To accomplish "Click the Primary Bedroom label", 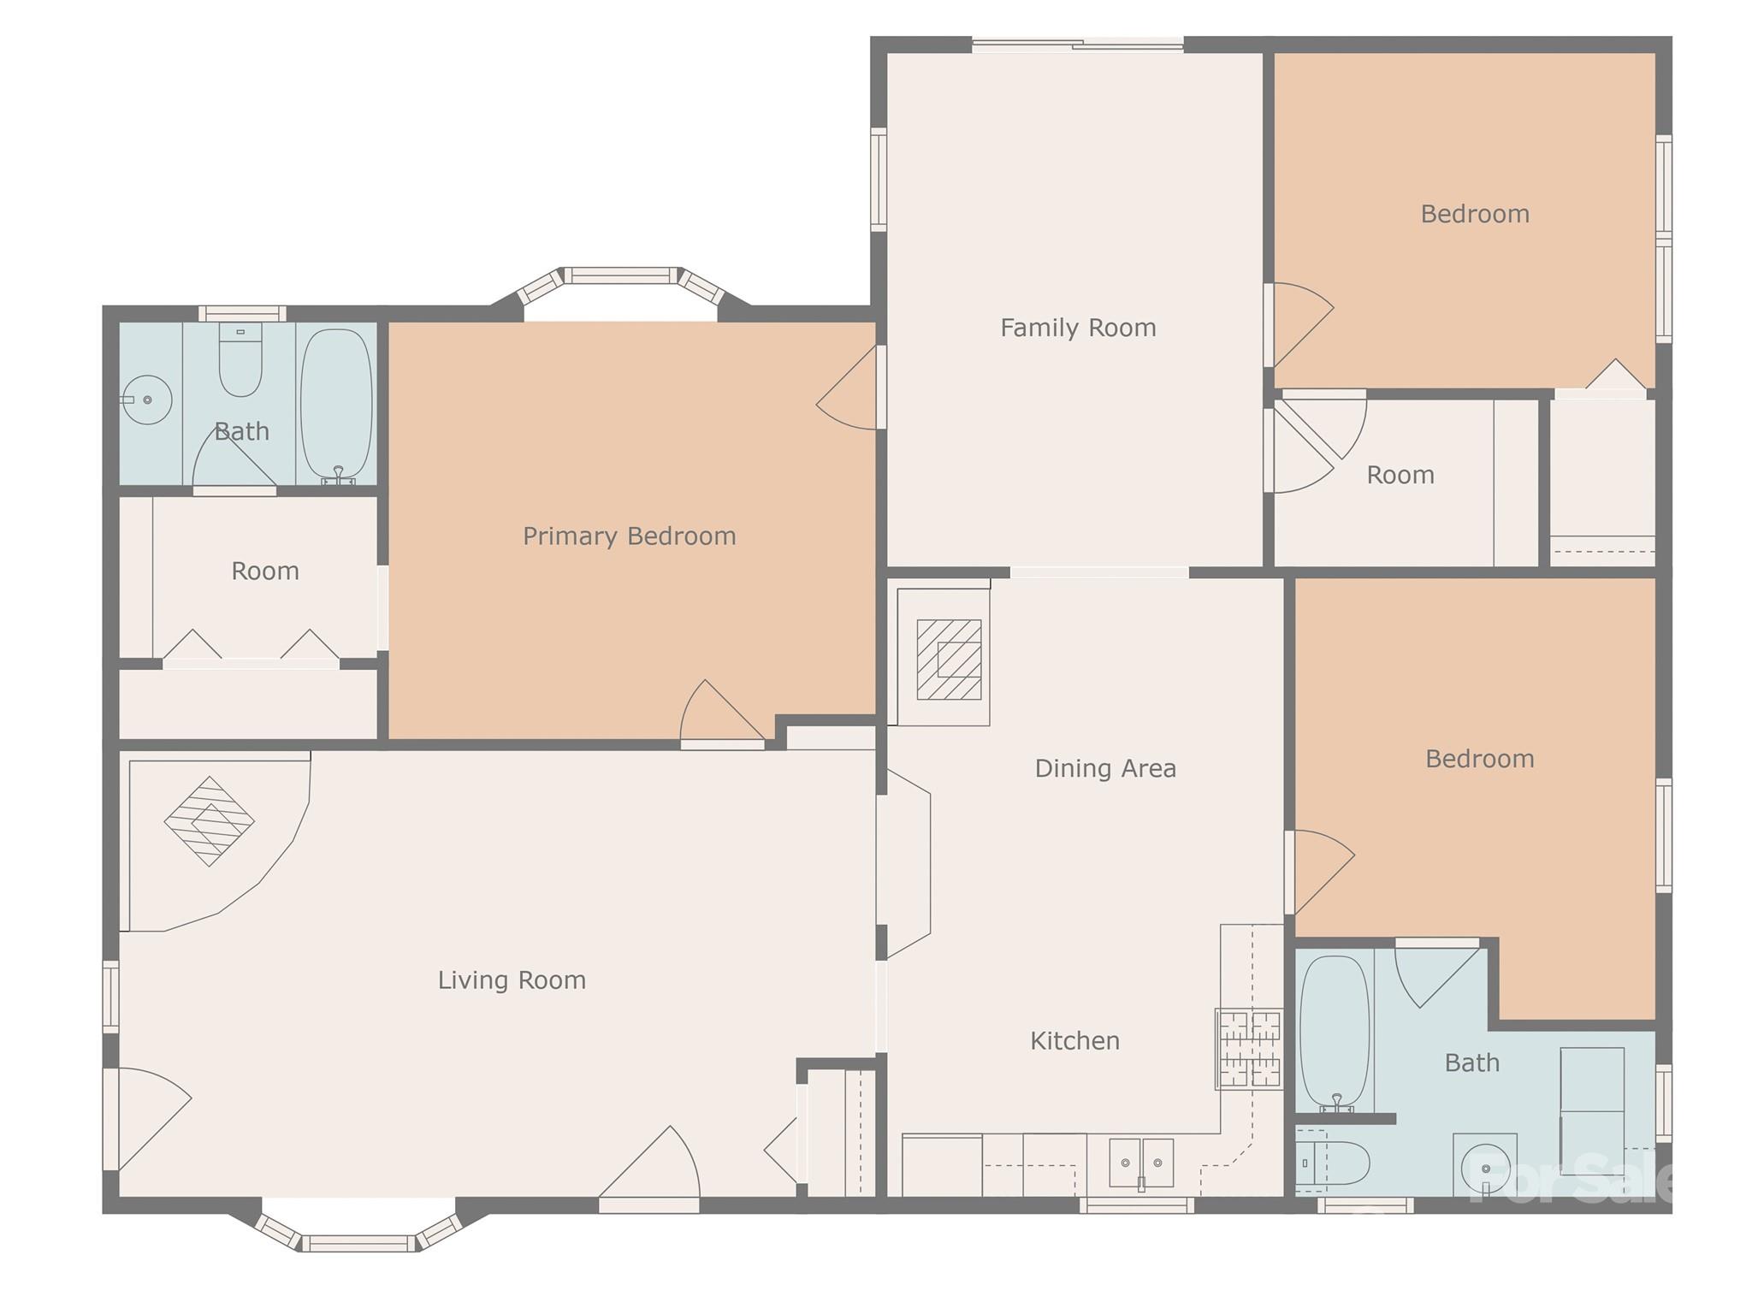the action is coord(629,536).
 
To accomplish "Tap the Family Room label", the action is coord(1078,328).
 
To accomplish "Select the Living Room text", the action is coord(512,980).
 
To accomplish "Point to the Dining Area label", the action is coord(1105,768).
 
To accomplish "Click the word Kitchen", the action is coord(1074,1040).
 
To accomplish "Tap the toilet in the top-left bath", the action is coord(240,359).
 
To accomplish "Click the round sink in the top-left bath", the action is coord(147,400).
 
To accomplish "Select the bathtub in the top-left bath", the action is coord(337,405).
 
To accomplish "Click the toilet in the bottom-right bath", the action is coord(1331,1163).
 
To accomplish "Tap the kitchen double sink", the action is coord(1141,1163).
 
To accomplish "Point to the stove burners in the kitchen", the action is coord(1250,1050).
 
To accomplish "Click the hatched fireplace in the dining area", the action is coord(949,660).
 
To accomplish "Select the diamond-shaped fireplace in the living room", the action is coord(209,821).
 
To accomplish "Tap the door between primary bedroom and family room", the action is coord(847,388).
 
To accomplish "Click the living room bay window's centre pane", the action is coord(359,1243).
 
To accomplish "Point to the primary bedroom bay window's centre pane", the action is coord(622,275).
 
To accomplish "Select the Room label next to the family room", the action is coord(1400,475).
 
